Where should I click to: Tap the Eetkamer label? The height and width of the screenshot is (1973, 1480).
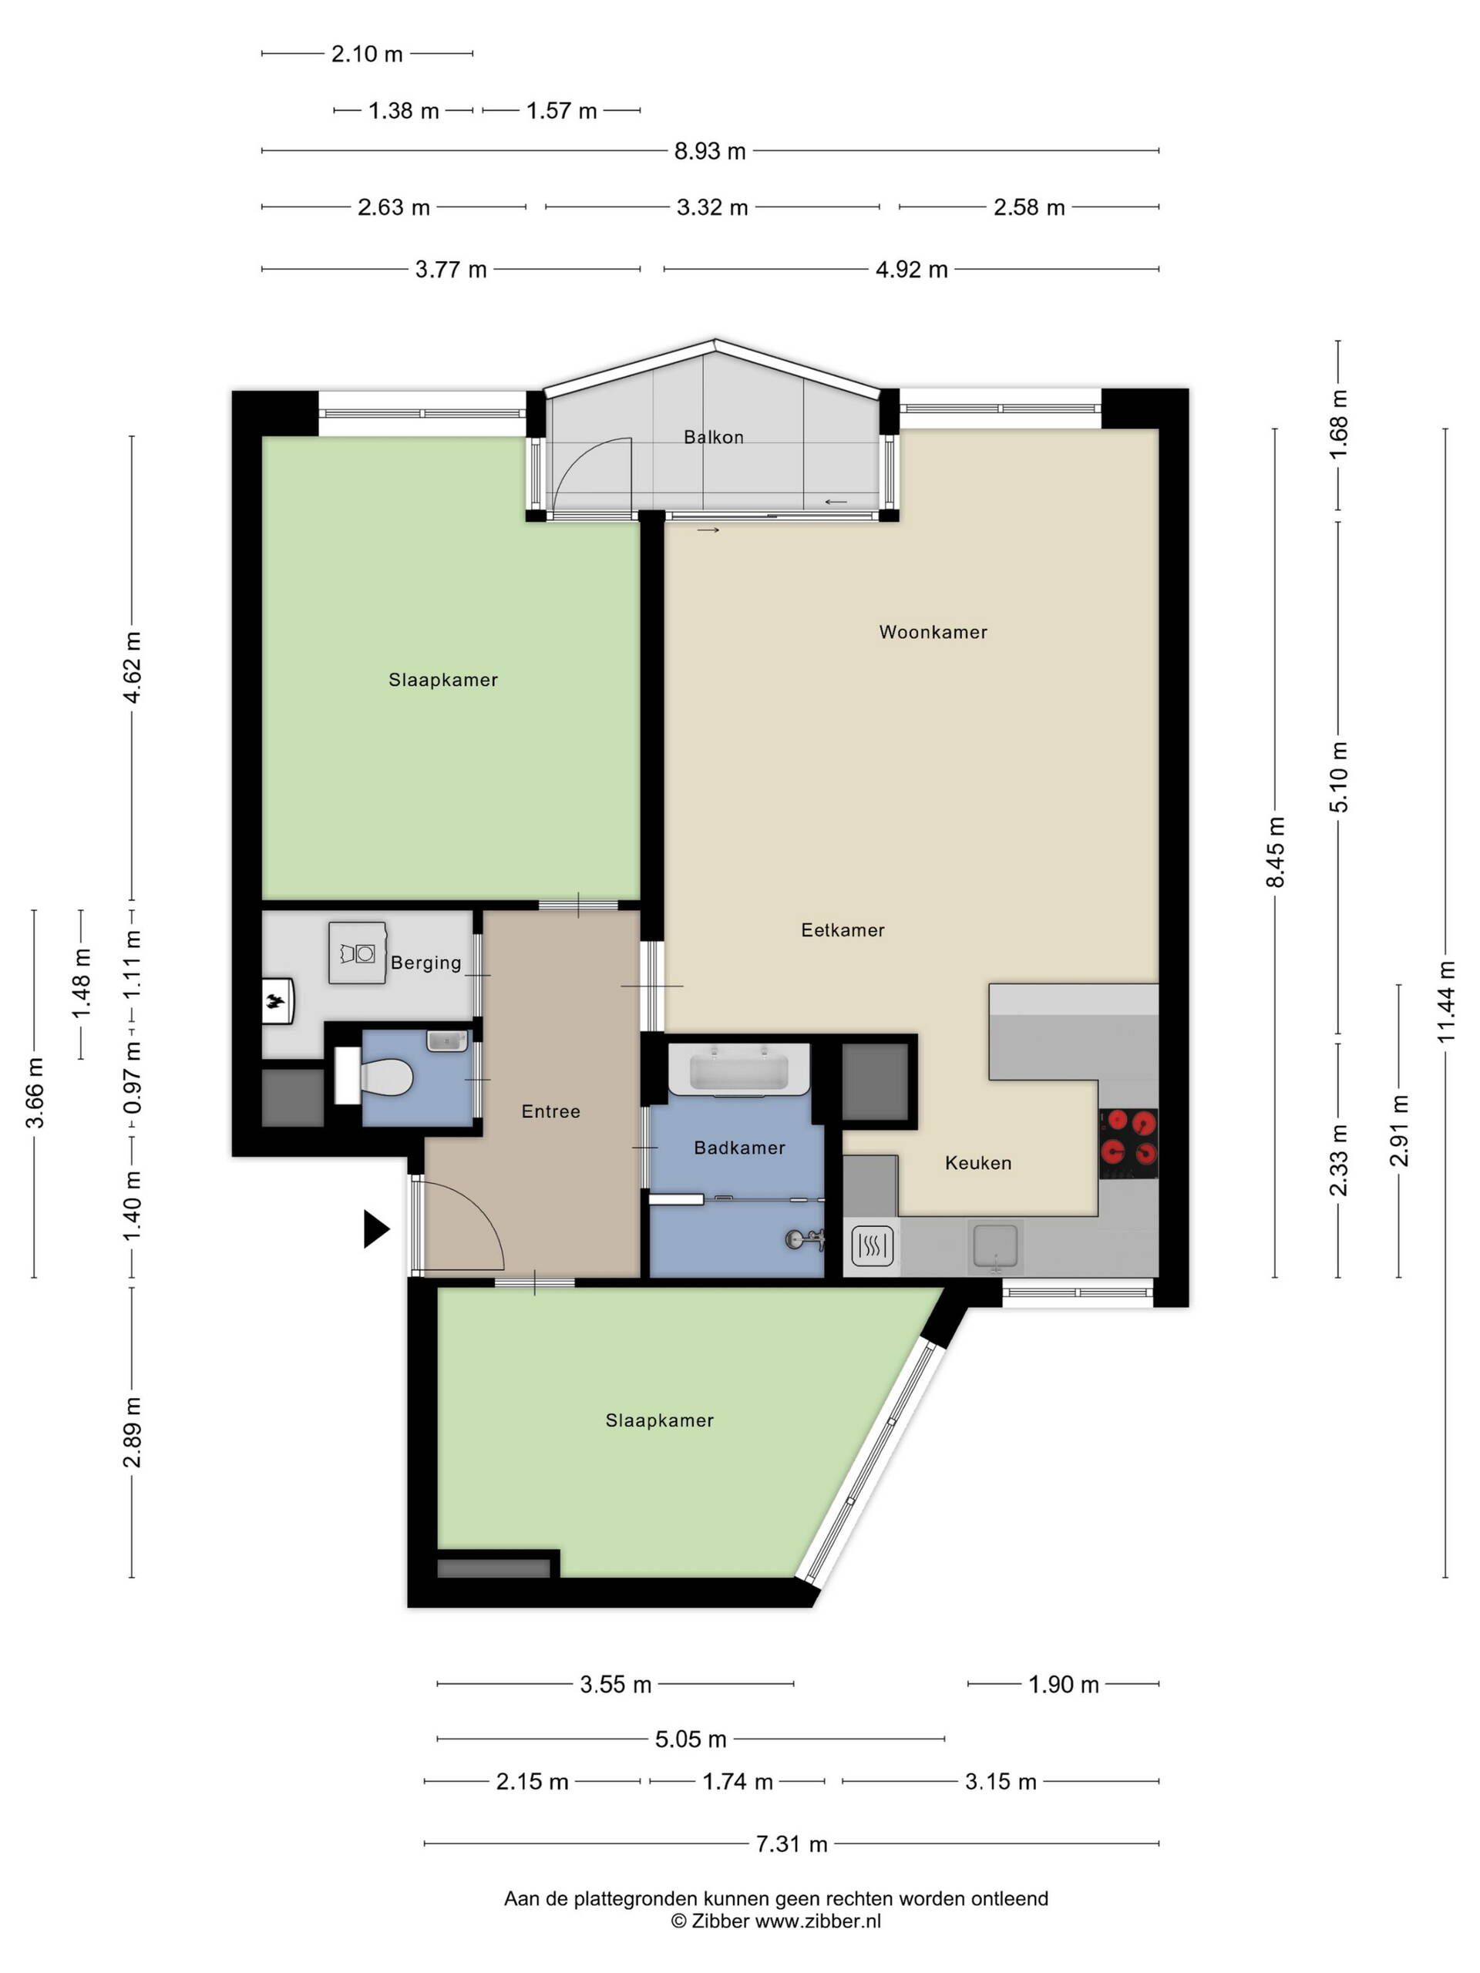click(x=843, y=930)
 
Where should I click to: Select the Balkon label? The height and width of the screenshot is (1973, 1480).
click(x=713, y=437)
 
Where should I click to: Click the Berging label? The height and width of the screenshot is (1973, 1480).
click(x=425, y=963)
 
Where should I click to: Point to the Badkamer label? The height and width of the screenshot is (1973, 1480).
click(x=738, y=1148)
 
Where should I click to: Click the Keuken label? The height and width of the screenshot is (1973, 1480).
click(x=977, y=1163)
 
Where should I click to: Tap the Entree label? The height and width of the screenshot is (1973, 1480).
click(x=550, y=1111)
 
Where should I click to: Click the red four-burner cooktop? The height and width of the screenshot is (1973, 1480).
click(x=1128, y=1143)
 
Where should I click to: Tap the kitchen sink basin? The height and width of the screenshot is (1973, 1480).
click(x=994, y=1245)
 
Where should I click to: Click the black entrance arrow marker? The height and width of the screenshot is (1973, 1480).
click(x=376, y=1229)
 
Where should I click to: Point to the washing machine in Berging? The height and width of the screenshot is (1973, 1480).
click(x=357, y=953)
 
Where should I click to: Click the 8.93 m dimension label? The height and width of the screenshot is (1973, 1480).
click(x=709, y=152)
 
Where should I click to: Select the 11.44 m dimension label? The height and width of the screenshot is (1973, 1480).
click(x=1446, y=1002)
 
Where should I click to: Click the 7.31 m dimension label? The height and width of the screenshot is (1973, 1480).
click(x=792, y=1844)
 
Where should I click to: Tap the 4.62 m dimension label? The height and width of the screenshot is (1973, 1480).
click(x=132, y=667)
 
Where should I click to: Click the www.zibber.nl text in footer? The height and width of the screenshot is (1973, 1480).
click(x=818, y=1921)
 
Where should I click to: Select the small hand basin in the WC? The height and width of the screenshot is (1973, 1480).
click(x=447, y=1041)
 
